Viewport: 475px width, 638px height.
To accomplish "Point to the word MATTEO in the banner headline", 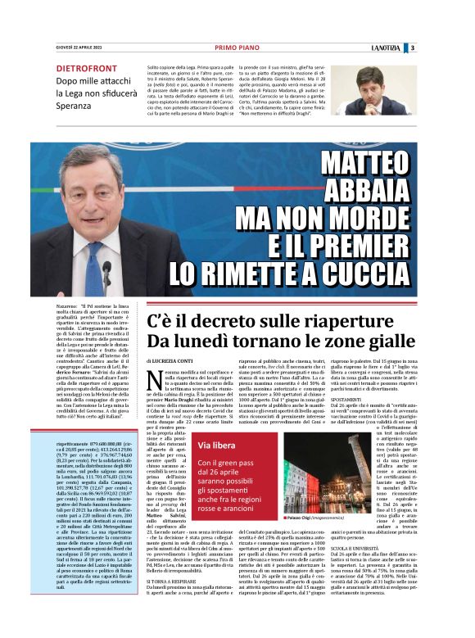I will click(364, 164).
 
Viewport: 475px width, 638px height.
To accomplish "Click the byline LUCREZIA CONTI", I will click(174, 360).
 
